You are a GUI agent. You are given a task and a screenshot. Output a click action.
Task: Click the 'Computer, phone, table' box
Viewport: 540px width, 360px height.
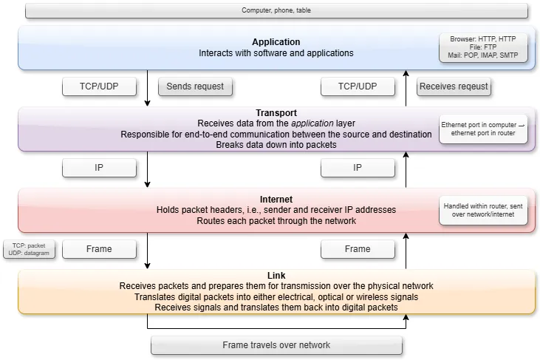click(x=276, y=10)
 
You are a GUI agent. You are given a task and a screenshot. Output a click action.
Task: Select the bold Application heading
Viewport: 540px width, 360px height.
click(x=276, y=42)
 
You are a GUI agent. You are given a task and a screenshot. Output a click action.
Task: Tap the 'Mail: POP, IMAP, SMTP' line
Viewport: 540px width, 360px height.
click(x=484, y=55)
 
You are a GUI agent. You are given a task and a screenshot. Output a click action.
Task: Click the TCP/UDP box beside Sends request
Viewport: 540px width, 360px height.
click(x=99, y=86)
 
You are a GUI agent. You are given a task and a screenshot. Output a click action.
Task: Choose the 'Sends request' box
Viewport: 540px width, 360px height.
click(x=195, y=86)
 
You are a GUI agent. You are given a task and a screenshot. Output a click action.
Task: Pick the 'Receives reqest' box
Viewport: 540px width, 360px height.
click(x=454, y=86)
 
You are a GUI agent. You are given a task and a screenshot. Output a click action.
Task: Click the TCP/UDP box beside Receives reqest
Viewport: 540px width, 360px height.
click(x=358, y=86)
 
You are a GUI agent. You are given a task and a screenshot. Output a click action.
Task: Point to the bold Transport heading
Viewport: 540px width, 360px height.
click(x=276, y=112)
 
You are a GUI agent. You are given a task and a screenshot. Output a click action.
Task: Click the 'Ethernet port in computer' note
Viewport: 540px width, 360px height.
click(x=483, y=129)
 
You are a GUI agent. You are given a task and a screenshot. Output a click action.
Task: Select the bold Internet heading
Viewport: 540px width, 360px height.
click(x=276, y=200)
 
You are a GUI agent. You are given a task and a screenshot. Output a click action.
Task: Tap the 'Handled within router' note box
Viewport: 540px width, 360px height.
click(x=483, y=211)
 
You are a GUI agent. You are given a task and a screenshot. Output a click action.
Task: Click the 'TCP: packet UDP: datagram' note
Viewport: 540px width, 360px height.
click(x=29, y=249)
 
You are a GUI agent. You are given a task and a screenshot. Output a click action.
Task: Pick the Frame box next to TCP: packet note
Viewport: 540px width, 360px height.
click(x=99, y=249)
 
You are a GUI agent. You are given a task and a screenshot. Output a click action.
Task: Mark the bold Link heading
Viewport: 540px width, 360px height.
click(x=276, y=275)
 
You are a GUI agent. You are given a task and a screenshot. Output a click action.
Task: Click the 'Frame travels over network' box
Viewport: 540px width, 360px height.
click(x=276, y=345)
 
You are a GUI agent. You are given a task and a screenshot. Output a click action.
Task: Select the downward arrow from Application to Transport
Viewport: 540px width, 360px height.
click(x=148, y=89)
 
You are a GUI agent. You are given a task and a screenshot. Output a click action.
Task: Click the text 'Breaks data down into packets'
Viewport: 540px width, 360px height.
click(x=276, y=145)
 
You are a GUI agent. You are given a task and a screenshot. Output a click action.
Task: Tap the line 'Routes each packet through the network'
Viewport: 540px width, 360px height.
click(x=276, y=220)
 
